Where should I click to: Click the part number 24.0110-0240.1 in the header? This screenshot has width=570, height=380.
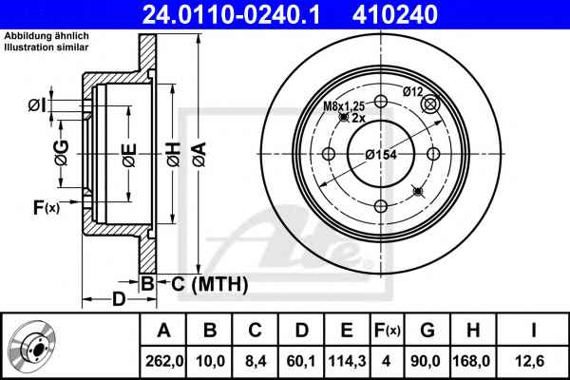(231, 14)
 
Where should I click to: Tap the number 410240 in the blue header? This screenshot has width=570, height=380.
(395, 14)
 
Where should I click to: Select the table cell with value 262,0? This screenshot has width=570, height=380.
(164, 361)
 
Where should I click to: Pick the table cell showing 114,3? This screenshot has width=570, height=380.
(347, 361)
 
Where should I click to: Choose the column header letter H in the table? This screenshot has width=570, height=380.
(473, 331)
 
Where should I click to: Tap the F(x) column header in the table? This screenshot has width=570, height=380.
(387, 331)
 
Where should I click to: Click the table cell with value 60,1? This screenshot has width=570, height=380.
(301, 361)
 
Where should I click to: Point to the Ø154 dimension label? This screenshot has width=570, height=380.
(381, 155)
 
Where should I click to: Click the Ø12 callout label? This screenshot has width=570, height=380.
(413, 91)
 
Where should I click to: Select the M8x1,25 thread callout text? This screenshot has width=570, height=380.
(344, 106)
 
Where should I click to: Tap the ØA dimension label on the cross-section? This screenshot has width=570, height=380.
(199, 155)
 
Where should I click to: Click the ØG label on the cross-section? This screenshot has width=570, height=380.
(62, 153)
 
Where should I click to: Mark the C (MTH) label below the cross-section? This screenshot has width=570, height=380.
(210, 284)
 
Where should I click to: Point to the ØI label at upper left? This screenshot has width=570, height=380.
(37, 105)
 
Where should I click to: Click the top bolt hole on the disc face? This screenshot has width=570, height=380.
(381, 102)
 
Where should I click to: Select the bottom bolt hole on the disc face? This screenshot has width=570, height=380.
(381, 206)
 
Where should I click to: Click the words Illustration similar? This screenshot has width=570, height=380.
(47, 47)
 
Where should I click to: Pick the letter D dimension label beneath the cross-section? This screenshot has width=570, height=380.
(119, 299)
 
